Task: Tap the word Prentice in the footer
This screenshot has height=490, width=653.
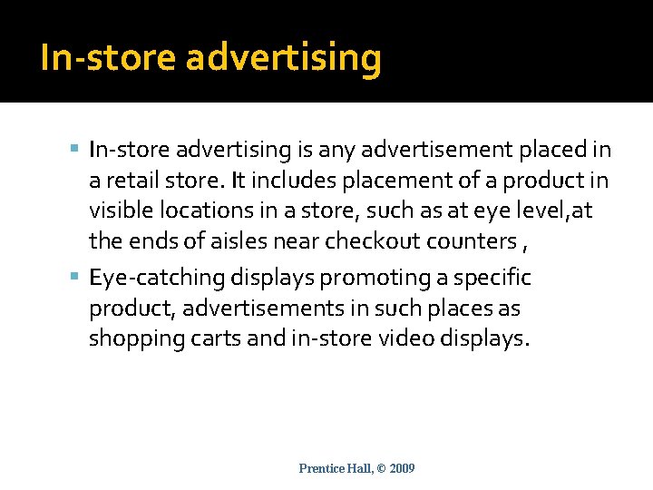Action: click(x=321, y=468)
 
